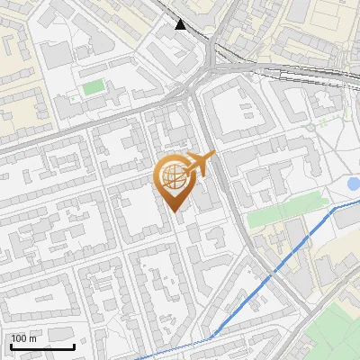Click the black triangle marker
(x=181, y=24)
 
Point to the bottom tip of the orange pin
(x=175, y=212)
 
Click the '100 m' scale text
(x=24, y=338)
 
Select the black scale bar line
(x=42, y=346)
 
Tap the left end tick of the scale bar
(x=11, y=345)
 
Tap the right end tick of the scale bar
(x=74, y=345)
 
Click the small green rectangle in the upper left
(x=93, y=87)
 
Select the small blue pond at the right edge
(x=353, y=184)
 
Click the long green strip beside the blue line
(x=283, y=212)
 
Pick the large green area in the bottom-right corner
(x=333, y=333)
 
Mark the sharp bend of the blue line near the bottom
(x=213, y=337)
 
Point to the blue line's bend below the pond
(x=335, y=208)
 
